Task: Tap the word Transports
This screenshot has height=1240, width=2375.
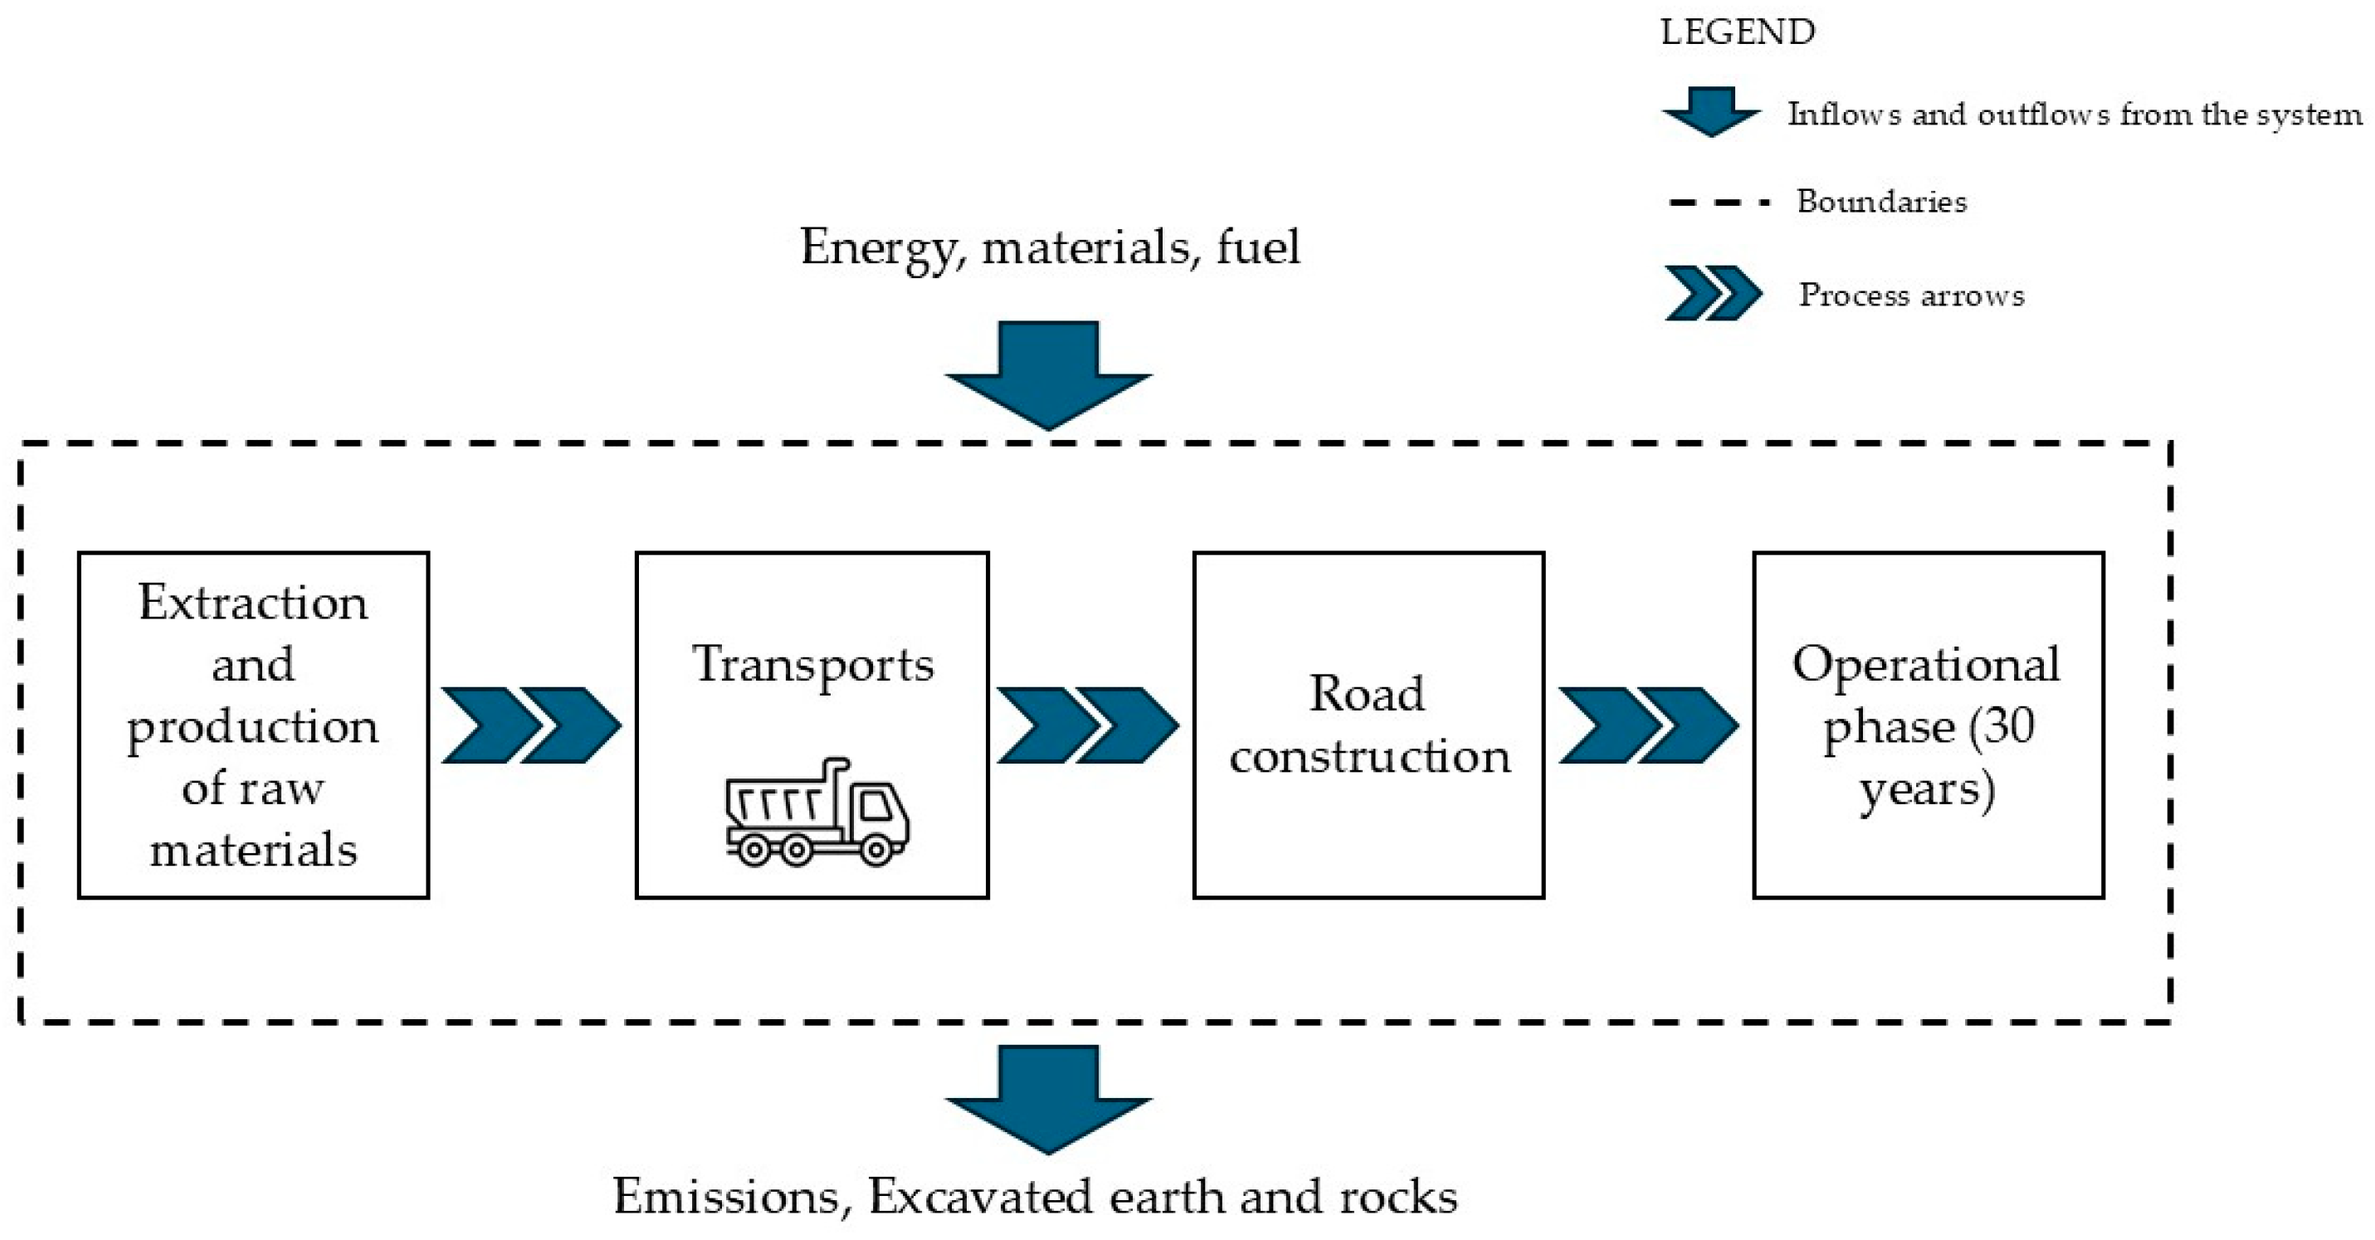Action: [x=812, y=665]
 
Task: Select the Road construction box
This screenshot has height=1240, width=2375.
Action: [x=1368, y=725]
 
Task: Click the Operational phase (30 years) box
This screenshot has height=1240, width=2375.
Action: [x=1927, y=725]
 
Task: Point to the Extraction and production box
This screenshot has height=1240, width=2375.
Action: [x=254, y=725]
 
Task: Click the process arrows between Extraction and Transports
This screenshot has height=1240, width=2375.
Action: [x=531, y=725]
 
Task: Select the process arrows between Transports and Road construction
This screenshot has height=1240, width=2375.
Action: [x=1088, y=725]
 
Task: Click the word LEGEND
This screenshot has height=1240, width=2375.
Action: [x=1738, y=32]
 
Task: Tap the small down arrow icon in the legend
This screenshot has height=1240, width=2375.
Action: [x=1711, y=111]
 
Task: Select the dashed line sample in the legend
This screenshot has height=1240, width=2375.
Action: [x=1719, y=202]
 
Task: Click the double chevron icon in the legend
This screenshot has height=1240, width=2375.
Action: [x=1713, y=293]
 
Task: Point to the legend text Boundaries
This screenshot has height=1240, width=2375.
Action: [x=1880, y=201]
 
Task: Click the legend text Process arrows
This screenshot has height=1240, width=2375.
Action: [x=1911, y=295]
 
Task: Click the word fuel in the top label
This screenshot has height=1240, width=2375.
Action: [x=1257, y=247]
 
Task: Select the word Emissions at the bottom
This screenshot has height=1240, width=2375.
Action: [x=725, y=1197]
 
